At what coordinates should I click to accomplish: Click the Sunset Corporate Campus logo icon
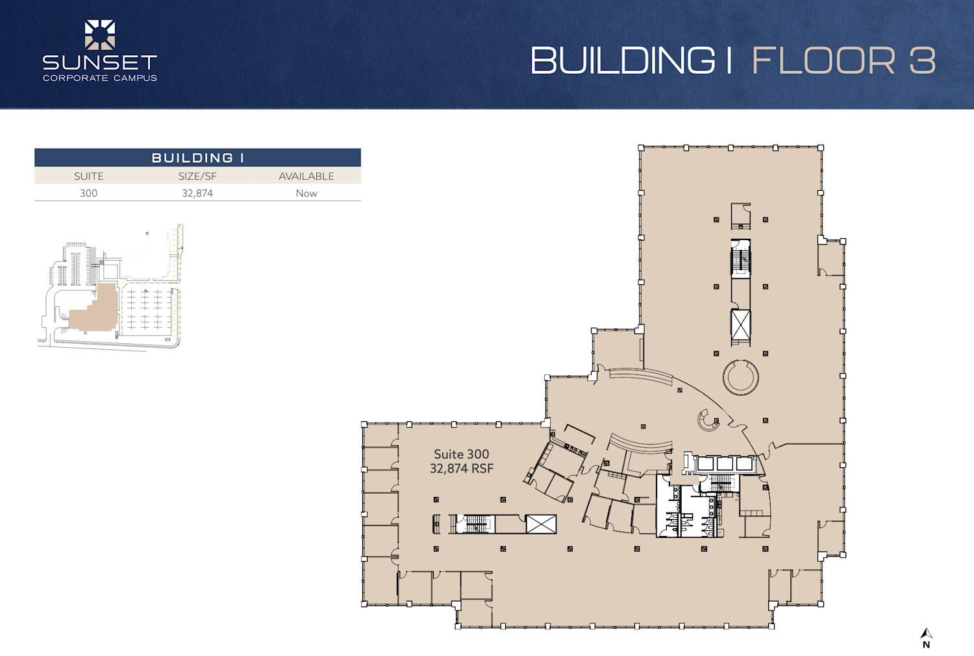click(99, 35)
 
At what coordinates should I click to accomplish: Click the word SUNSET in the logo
click(99, 62)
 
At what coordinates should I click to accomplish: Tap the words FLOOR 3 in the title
click(844, 60)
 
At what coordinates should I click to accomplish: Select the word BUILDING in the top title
click(623, 60)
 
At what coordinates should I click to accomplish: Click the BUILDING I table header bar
click(197, 158)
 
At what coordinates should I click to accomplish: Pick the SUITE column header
click(89, 176)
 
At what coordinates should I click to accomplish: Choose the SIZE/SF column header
click(197, 176)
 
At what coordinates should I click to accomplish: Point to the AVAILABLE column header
click(306, 176)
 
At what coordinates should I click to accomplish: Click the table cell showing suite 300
click(89, 193)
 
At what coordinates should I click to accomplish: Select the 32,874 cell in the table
click(197, 193)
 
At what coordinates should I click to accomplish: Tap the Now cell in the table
click(306, 193)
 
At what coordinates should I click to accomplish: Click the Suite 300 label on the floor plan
click(461, 454)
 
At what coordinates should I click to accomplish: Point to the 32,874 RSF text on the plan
click(461, 468)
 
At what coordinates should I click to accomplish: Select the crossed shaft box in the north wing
click(740, 325)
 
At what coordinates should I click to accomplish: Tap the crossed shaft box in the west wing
click(541, 524)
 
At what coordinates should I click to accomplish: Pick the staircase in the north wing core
click(740, 259)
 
